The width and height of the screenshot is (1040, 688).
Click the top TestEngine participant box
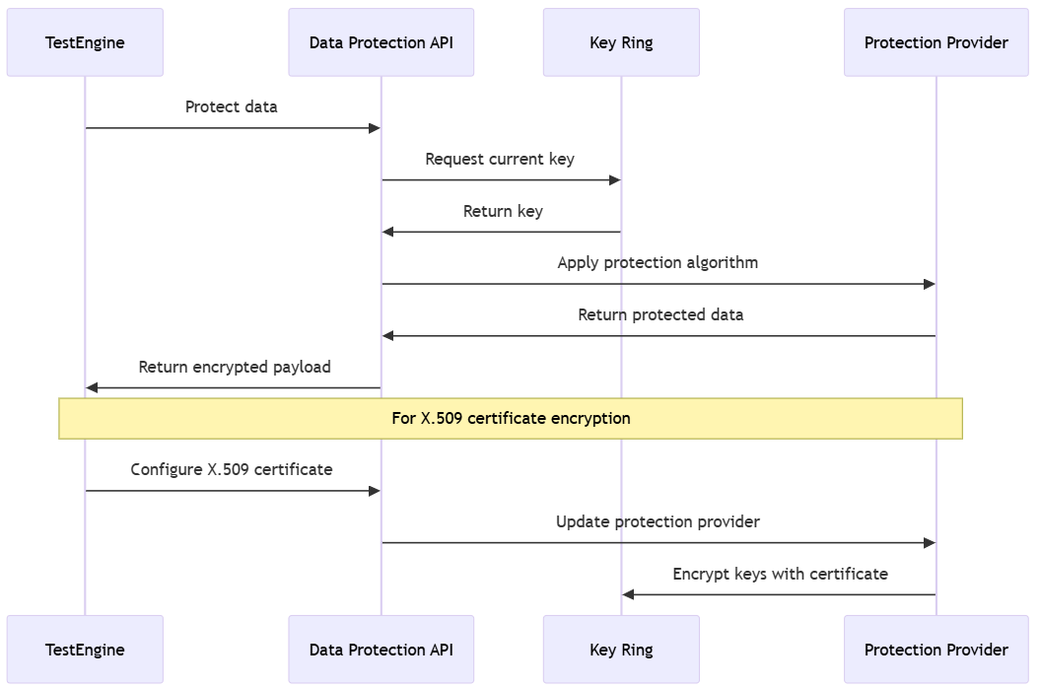(85, 42)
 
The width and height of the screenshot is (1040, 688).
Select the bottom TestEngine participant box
(85, 650)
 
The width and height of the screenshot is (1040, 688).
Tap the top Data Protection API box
(381, 42)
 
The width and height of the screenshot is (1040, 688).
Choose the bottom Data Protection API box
(381, 650)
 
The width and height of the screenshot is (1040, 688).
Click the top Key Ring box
(621, 42)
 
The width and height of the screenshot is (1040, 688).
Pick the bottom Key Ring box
(621, 650)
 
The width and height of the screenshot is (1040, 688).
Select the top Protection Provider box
(936, 42)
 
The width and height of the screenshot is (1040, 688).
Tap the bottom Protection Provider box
(936, 650)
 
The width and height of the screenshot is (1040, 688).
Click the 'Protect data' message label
(232, 106)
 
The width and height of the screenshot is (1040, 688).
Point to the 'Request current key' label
(500, 159)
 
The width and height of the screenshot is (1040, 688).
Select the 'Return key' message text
(503, 211)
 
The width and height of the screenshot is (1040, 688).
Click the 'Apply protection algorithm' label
(658, 262)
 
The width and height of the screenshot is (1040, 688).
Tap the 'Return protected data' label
(660, 314)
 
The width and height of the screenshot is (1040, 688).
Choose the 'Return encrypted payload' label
(235, 367)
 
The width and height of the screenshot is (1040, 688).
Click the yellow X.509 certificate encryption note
(511, 418)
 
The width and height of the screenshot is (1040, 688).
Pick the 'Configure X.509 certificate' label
(232, 469)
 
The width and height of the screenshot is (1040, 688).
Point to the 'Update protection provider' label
(658, 521)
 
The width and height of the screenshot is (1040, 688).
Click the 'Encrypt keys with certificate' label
(780, 574)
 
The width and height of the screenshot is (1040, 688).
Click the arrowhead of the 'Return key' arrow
(388, 232)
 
